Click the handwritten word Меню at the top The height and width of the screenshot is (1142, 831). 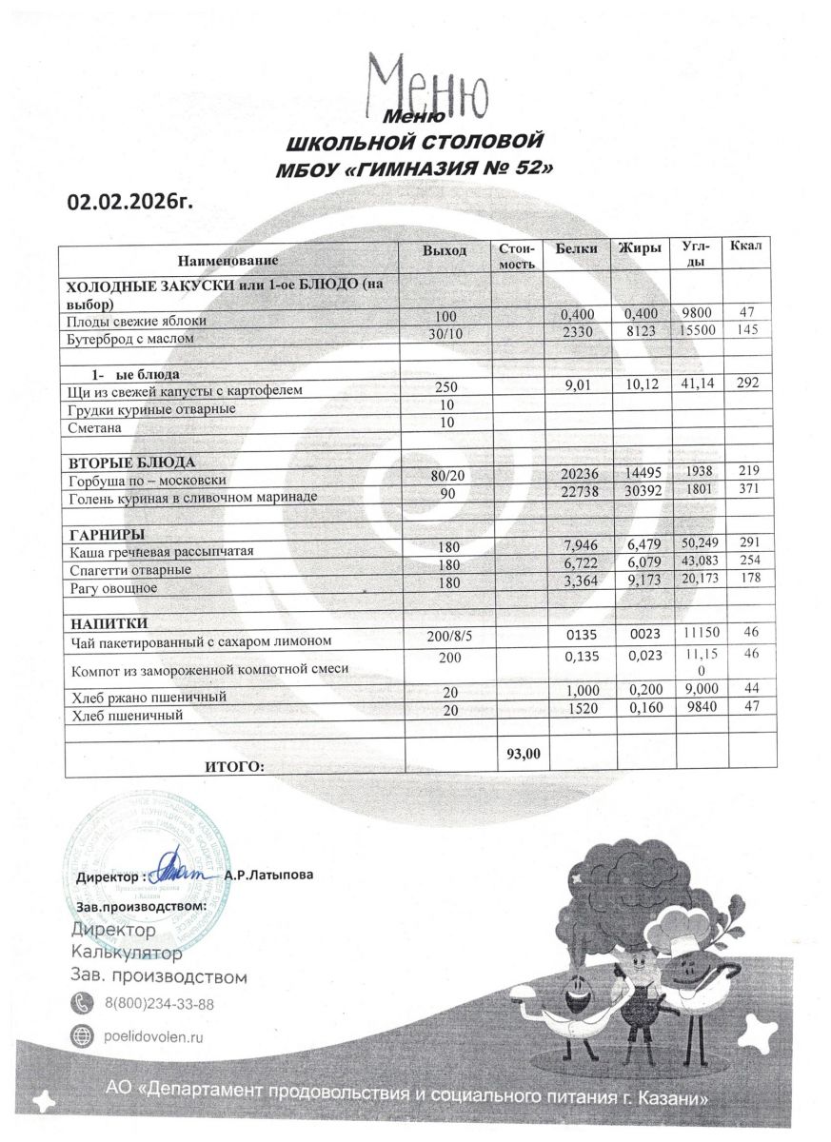pyautogui.click(x=427, y=85)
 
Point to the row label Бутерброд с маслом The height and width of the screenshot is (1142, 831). pyautogui.click(x=129, y=339)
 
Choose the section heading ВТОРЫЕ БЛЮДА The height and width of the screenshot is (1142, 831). pyautogui.click(x=119, y=462)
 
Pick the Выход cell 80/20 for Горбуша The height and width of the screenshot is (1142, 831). pyautogui.click(x=446, y=479)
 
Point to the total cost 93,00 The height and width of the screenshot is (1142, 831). pyautogui.click(x=523, y=753)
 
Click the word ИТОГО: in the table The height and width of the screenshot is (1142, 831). pyautogui.click(x=235, y=766)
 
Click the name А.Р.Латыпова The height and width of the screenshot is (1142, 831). pyautogui.click(x=269, y=874)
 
